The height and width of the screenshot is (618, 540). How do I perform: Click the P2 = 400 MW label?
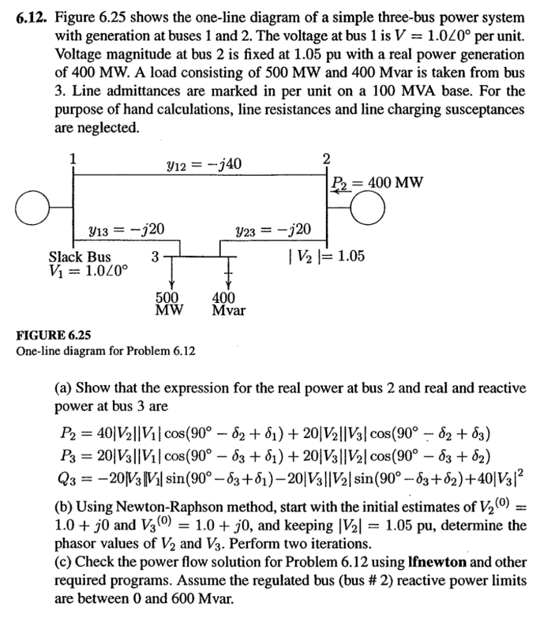pos(378,182)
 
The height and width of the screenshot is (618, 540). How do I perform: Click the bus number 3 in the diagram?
pos(155,256)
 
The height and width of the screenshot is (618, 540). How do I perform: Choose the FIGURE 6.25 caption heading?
pos(52,335)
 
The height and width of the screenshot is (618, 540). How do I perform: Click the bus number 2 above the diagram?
pos(326,158)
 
